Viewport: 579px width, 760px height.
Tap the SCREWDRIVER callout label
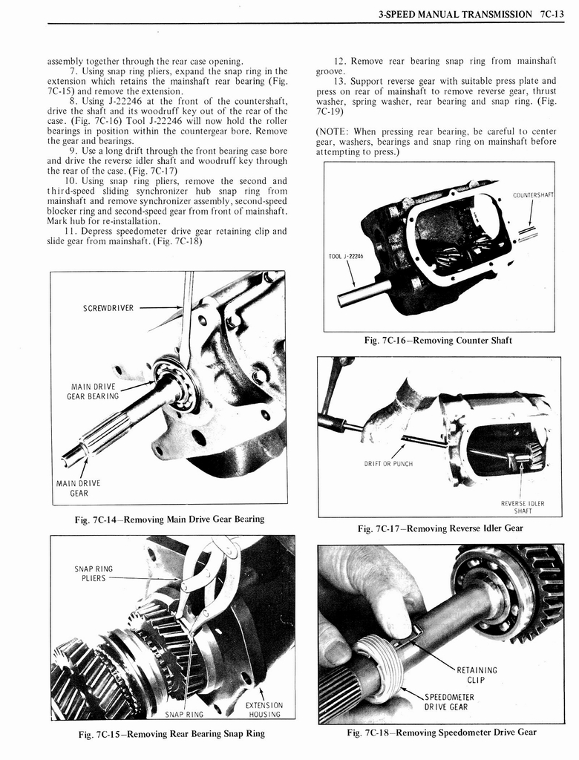(108, 308)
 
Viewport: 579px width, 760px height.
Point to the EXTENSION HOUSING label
(264, 710)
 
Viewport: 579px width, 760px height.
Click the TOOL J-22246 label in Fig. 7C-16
(346, 256)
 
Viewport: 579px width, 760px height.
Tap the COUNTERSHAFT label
(533, 196)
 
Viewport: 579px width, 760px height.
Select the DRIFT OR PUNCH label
(387, 464)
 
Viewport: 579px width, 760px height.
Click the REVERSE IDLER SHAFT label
(523, 506)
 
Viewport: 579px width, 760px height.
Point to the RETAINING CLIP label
(477, 675)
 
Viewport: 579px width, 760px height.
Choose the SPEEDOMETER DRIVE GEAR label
(448, 701)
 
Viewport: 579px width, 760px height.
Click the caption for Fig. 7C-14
(169, 519)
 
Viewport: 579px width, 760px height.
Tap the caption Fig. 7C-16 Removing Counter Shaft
(438, 341)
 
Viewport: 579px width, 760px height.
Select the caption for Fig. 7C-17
(439, 528)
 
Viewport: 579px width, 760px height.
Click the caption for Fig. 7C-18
(441, 733)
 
